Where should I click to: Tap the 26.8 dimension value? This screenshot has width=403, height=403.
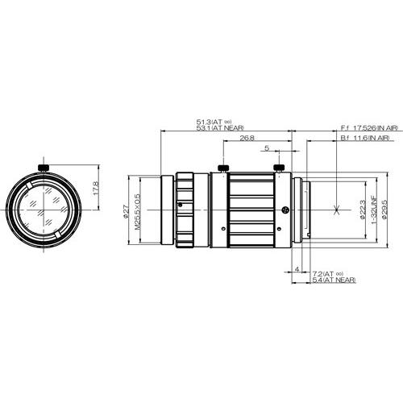point(248,139)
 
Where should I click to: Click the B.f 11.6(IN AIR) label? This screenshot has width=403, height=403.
point(365,139)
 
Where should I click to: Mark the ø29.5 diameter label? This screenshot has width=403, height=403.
point(386,211)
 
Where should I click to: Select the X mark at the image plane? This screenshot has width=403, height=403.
point(335,211)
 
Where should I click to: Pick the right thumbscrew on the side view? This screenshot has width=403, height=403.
point(279,168)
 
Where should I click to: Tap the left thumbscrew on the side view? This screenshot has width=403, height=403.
point(221,168)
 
